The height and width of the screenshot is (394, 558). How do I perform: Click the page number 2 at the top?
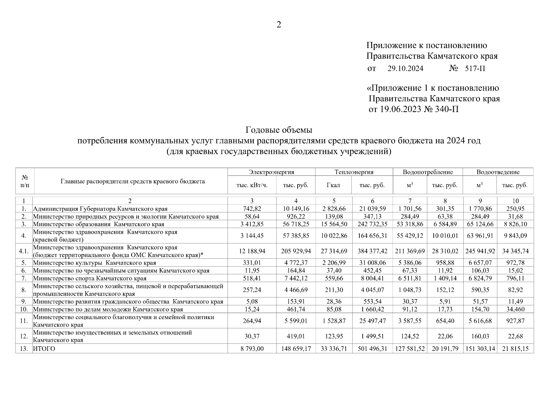click(x=279, y=25)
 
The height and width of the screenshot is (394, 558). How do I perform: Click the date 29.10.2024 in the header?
click(x=405, y=69)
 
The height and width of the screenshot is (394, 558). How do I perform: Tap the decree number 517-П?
click(x=475, y=69)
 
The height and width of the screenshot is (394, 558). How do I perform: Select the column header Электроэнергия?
click(x=271, y=172)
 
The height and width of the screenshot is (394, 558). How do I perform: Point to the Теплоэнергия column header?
click(x=354, y=172)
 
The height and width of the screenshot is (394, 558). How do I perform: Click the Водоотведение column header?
click(x=498, y=172)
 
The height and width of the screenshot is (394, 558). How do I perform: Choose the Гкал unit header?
click(x=333, y=185)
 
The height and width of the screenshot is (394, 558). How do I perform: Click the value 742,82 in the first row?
click(x=252, y=208)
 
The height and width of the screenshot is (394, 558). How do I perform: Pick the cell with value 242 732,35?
click(x=373, y=224)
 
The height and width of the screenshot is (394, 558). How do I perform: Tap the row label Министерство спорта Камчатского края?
click(x=90, y=278)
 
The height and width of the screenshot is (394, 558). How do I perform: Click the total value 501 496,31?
click(x=373, y=349)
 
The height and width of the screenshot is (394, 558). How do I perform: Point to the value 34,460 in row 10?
click(x=515, y=309)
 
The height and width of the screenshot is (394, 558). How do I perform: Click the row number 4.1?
click(x=24, y=251)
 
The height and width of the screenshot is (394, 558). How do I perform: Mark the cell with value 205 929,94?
click(x=296, y=251)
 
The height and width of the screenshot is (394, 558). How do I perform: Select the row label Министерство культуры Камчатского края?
click(x=94, y=263)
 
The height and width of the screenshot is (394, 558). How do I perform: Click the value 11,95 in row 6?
click(x=252, y=271)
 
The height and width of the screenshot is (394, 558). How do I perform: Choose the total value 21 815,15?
click(x=515, y=349)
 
